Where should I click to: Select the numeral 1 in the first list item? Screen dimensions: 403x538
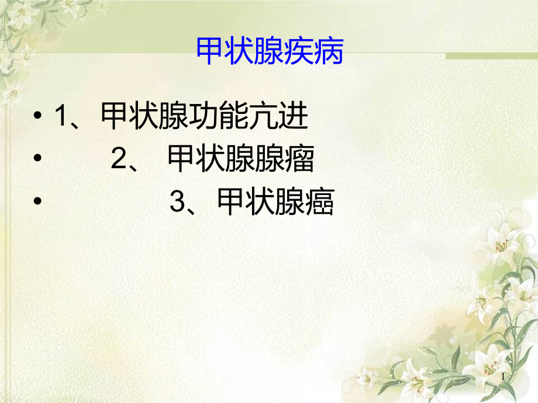(61, 117)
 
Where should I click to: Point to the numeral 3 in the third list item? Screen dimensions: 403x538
(177, 203)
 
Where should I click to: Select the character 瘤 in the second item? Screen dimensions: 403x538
(300, 159)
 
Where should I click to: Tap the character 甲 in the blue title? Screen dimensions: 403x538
(209, 53)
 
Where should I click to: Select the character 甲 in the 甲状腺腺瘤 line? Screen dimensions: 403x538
(182, 159)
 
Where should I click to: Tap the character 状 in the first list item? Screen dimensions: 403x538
(144, 117)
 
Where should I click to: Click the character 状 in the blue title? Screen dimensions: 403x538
(239, 53)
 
